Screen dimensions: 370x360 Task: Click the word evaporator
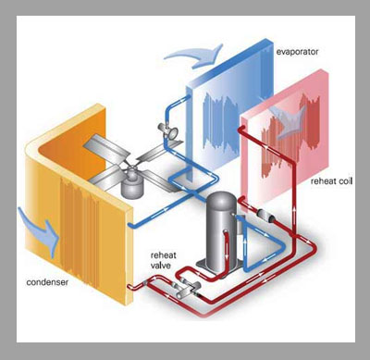point(297,52)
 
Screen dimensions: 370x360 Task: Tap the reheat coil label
point(331,181)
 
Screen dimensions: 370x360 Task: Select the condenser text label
point(47,282)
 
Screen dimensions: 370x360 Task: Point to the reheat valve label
point(163,260)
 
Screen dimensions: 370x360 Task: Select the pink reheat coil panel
point(284,136)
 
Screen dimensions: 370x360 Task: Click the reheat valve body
point(186,289)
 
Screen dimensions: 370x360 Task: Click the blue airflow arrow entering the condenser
point(39,232)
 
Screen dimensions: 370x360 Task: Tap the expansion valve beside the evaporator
point(167,130)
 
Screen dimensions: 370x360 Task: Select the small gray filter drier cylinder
point(266,216)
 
